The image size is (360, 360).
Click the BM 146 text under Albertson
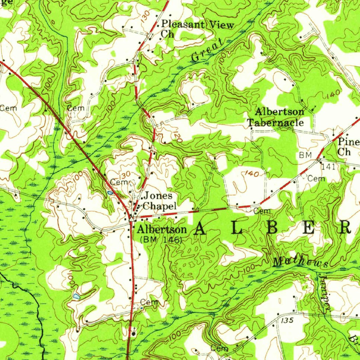161,240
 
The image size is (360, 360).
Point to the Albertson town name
162,230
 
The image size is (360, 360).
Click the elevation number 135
287,321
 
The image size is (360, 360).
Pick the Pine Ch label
348,147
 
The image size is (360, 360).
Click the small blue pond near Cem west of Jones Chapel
110,193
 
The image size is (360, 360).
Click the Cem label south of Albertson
149,302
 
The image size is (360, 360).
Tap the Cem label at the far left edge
8,108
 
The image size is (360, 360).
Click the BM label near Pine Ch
305,155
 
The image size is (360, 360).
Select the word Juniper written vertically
326,292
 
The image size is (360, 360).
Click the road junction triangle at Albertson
131,219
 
